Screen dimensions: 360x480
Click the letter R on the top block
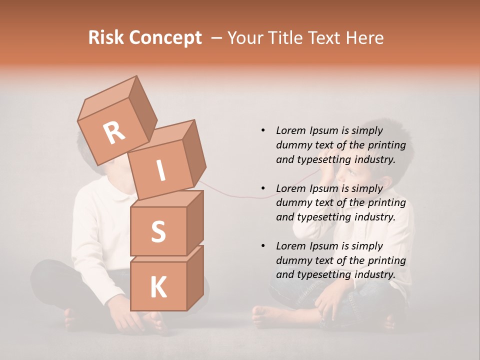tap(114, 132)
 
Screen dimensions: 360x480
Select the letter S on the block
tap(158, 231)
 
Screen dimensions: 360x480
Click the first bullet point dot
tap(263, 130)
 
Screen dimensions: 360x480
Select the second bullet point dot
tap(263, 188)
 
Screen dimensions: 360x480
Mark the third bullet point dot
tap(263, 246)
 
